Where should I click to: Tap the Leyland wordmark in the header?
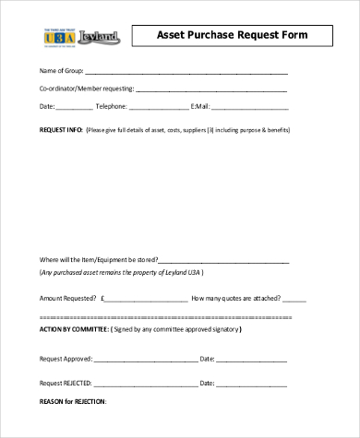pos(96,38)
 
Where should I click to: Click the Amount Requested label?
pos(66,298)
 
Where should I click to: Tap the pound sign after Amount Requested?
pos(104,298)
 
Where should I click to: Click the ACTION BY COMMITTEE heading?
pos(74,328)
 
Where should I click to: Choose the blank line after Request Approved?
pos(145,358)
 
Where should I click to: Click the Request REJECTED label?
pos(66,382)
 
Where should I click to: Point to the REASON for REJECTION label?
pos(73,401)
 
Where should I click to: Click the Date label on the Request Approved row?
pos(207,358)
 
